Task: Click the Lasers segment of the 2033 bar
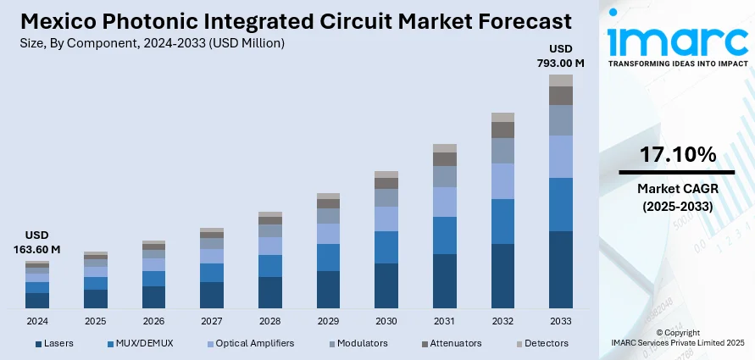coord(560,269)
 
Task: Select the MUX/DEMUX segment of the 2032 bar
coord(502,221)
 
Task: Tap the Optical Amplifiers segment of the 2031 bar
coord(444,202)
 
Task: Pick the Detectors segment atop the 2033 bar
coord(560,80)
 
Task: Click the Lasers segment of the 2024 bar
coord(37,300)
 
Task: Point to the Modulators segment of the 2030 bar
coord(386,197)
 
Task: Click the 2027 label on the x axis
coord(212,322)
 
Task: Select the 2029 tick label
coord(328,322)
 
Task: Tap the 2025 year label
coord(95,322)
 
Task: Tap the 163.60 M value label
coord(37,249)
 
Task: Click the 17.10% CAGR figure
coord(677,155)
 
